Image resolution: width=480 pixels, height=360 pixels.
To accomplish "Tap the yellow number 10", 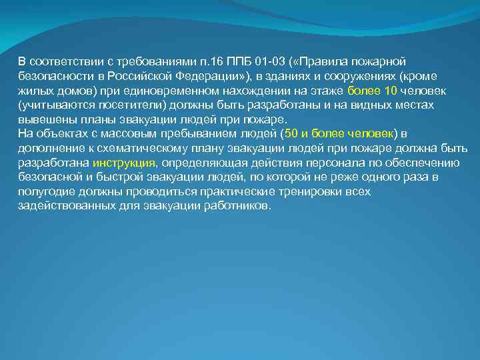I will [392, 90].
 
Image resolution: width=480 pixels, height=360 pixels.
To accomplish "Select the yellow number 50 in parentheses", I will [291, 133].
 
